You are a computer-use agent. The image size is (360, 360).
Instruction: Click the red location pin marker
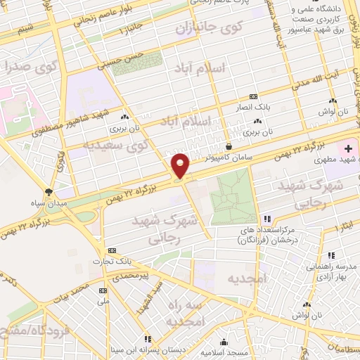[181, 165]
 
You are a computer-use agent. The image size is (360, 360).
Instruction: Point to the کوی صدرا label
[27, 68]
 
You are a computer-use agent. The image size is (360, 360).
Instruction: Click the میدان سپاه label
[48, 204]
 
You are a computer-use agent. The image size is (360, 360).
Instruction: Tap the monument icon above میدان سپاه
[48, 191]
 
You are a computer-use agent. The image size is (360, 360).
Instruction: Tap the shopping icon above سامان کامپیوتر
[229, 146]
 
